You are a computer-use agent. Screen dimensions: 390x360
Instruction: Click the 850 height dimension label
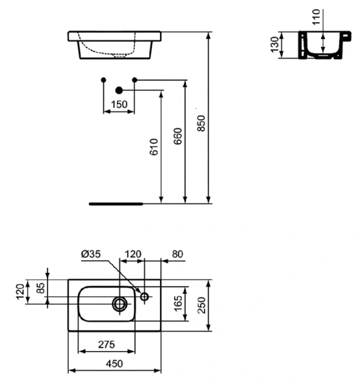tap(202, 123)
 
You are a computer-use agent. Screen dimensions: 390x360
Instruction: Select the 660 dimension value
tap(178, 136)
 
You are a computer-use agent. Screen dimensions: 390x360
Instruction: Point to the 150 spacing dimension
tap(119, 104)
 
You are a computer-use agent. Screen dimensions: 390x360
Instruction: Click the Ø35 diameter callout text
tap(92, 254)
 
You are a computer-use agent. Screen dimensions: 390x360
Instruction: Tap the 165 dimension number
tap(177, 304)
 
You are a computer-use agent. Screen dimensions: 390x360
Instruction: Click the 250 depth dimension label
tap(202, 304)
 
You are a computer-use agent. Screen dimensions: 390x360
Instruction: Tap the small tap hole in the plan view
tap(144, 298)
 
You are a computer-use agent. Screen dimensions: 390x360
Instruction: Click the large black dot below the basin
tap(119, 90)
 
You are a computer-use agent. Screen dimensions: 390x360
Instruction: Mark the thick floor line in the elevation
tap(116, 203)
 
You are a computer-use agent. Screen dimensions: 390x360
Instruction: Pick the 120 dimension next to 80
tap(133, 254)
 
